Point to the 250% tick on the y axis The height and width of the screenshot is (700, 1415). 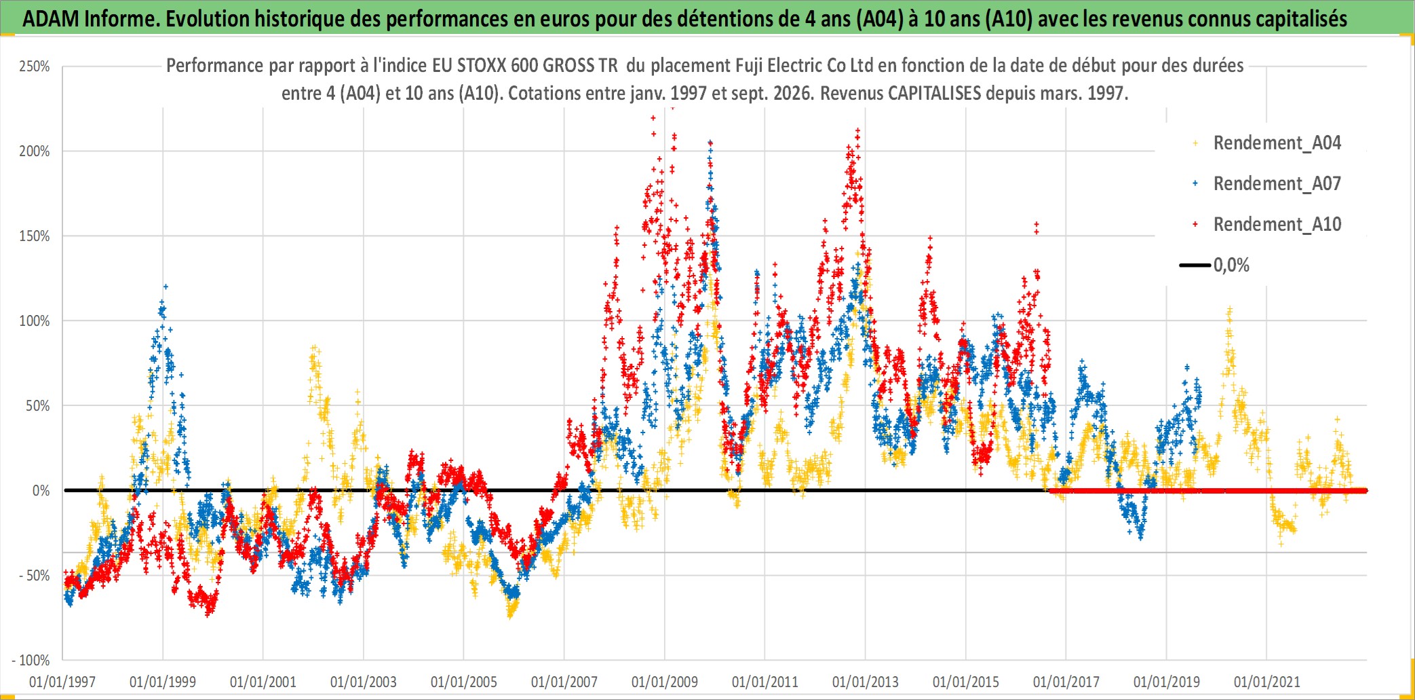tap(35, 67)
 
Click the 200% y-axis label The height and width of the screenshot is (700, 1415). tap(35, 151)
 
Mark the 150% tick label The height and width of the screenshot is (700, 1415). tap(35, 236)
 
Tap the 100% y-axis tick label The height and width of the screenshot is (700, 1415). tap(35, 321)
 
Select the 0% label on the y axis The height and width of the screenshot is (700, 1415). tap(41, 491)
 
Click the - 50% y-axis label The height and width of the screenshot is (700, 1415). tap(31, 576)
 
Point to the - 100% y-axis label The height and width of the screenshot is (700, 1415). tap(31, 661)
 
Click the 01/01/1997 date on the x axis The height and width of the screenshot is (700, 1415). tap(62, 682)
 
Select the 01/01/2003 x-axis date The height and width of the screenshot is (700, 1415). tap(364, 682)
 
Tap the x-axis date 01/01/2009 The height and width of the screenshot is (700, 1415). tap(665, 682)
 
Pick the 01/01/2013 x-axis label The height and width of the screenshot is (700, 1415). tap(866, 682)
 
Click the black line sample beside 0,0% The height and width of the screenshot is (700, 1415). tap(1195, 265)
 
